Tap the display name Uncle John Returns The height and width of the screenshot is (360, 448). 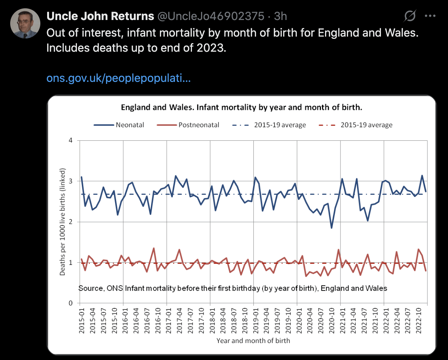click(100, 16)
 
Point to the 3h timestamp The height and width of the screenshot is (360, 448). click(280, 16)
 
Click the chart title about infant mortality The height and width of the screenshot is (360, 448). click(241, 108)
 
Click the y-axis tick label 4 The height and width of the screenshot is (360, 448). click(70, 141)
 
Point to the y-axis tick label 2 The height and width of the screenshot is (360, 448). click(70, 222)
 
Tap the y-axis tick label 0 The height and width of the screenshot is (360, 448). click(70, 303)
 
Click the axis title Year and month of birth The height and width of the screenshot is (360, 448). click(253, 341)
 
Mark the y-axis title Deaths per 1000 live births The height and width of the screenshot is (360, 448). click(63, 222)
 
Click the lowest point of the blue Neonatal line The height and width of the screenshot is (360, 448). click(331, 228)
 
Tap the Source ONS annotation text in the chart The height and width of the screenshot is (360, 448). click(233, 289)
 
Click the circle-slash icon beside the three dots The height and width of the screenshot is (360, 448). click(410, 16)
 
